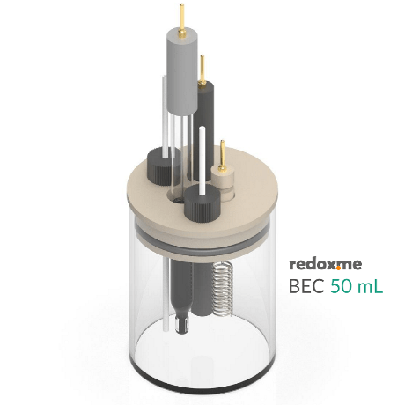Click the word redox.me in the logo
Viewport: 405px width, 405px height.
323,263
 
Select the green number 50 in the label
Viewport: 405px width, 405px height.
342,286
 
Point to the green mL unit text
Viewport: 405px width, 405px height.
370,286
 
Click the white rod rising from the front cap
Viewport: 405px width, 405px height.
202,158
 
